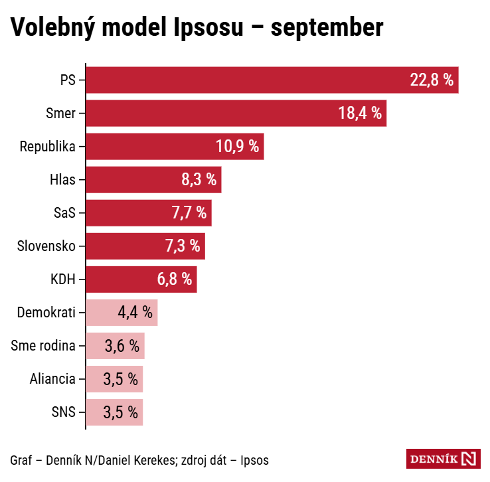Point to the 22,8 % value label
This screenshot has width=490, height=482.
(432, 80)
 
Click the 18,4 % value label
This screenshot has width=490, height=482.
(360, 114)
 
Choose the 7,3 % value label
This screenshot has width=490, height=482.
(182, 246)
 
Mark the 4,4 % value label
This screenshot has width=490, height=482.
(135, 313)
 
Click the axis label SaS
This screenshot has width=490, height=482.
(64, 213)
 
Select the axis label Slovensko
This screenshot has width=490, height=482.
(46, 246)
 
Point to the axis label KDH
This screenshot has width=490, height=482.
(62, 280)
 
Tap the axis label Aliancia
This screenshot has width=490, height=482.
(52, 379)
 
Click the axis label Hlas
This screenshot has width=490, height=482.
(62, 180)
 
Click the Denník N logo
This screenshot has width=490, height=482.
(442, 459)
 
